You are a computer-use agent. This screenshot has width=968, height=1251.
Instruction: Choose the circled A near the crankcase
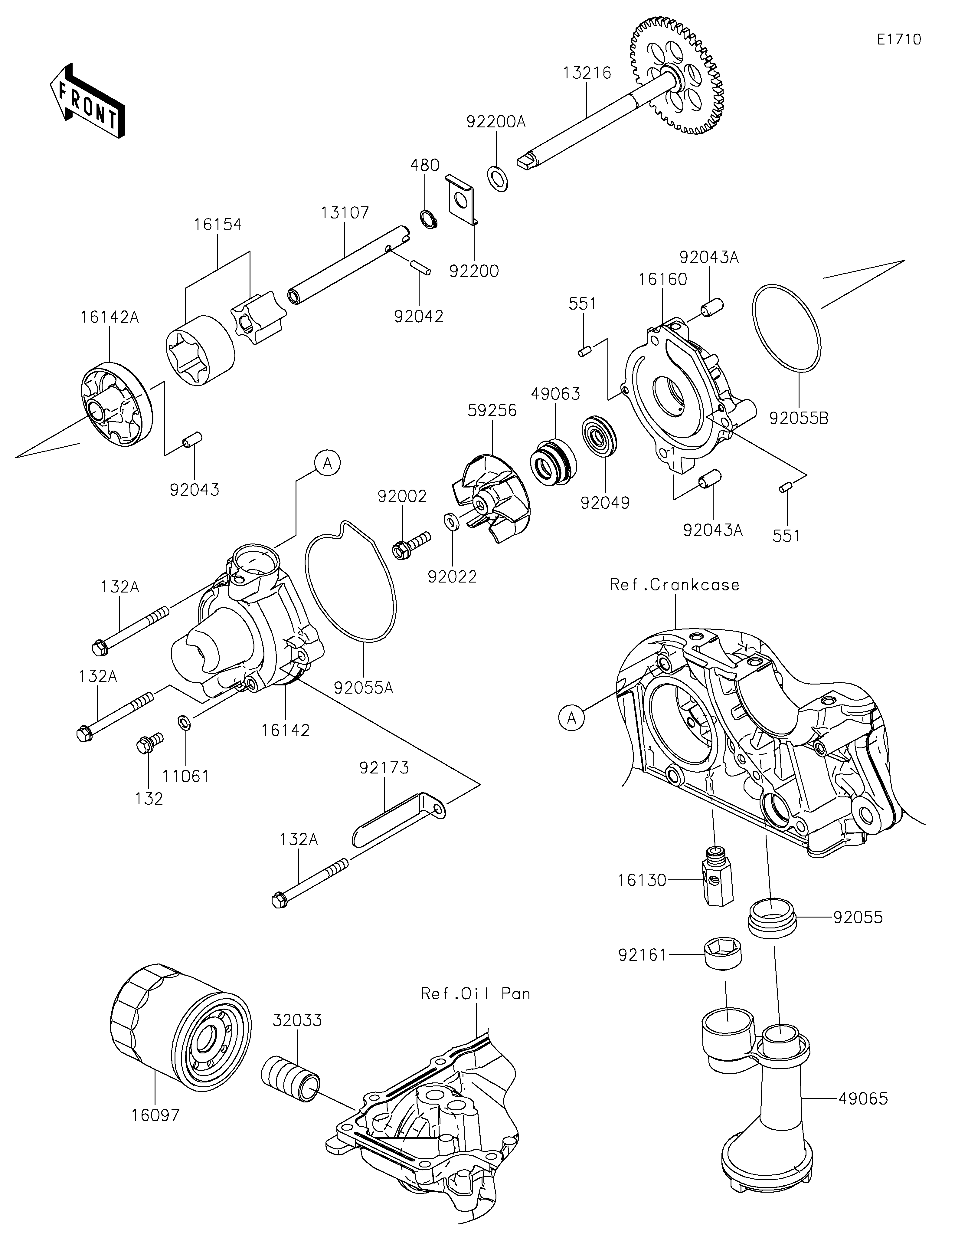572,717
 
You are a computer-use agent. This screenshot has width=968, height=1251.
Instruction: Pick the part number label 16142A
109,317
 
